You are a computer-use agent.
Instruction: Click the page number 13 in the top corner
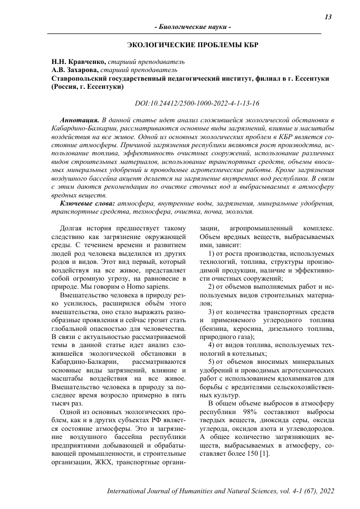tap(328, 17)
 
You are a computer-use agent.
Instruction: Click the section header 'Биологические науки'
tap(192, 26)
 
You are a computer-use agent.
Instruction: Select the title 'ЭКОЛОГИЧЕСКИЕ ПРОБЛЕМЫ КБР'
tap(193, 45)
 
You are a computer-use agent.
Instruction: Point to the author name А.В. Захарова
tap(76, 70)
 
